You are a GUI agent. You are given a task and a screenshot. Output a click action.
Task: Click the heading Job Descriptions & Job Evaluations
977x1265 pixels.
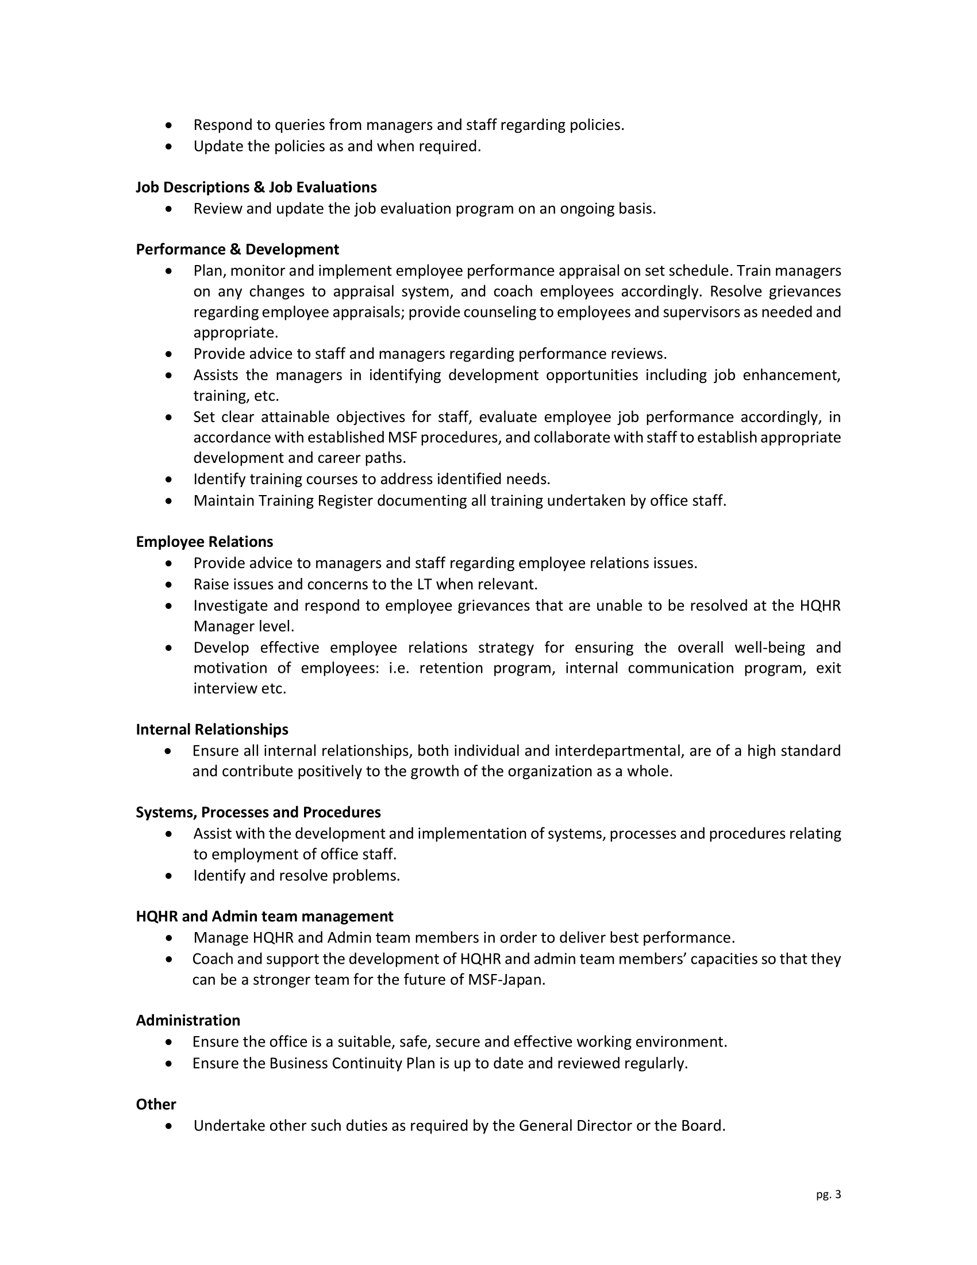tap(256, 187)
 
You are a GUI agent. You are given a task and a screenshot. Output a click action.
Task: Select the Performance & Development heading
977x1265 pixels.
tap(237, 250)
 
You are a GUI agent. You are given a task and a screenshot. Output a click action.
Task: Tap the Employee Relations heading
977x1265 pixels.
tap(205, 542)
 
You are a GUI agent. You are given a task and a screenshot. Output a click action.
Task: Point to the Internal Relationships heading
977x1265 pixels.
tap(212, 730)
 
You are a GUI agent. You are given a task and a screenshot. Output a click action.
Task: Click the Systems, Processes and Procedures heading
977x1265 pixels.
tap(258, 812)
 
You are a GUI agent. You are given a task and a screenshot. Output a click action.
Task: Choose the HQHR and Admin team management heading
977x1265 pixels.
tap(264, 917)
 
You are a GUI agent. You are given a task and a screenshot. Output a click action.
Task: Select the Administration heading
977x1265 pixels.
tap(188, 1021)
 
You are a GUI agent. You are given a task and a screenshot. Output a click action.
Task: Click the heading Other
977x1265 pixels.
tap(156, 1105)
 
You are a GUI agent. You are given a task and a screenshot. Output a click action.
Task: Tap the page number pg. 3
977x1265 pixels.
tap(828, 1194)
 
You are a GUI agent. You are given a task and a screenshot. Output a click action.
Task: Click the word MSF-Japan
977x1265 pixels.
tap(506, 980)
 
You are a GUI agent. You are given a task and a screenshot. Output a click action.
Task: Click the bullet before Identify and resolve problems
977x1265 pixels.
tap(168, 876)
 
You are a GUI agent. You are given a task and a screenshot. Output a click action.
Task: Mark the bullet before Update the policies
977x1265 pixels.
tap(168, 147)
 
